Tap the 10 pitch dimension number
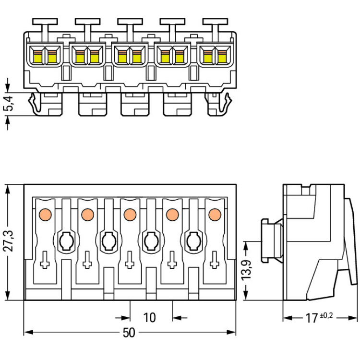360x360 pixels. (150, 317)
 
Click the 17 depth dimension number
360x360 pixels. (312, 318)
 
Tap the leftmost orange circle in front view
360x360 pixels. (45, 214)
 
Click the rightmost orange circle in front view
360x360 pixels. (214, 214)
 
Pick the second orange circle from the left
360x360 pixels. (87, 214)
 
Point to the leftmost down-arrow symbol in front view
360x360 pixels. (45, 261)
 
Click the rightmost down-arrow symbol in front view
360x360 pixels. (214, 261)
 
